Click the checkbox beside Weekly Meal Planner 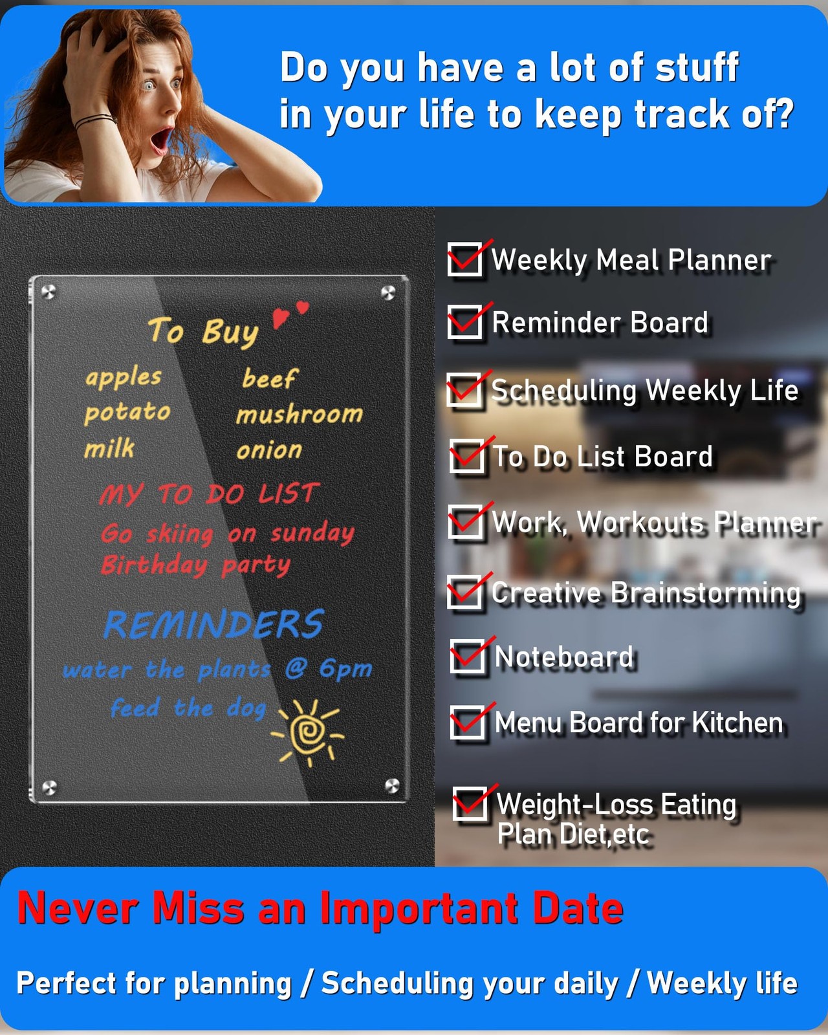(x=464, y=259)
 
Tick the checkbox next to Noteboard (x=467, y=656)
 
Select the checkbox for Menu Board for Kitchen (x=467, y=722)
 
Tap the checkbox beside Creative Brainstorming (x=464, y=592)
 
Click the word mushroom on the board (x=300, y=414)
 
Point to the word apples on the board (x=123, y=378)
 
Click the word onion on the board (x=269, y=450)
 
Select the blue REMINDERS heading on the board (x=213, y=624)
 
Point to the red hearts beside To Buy (x=290, y=314)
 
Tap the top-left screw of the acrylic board (x=49, y=292)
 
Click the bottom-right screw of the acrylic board (x=392, y=785)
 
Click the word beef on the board (x=270, y=378)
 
